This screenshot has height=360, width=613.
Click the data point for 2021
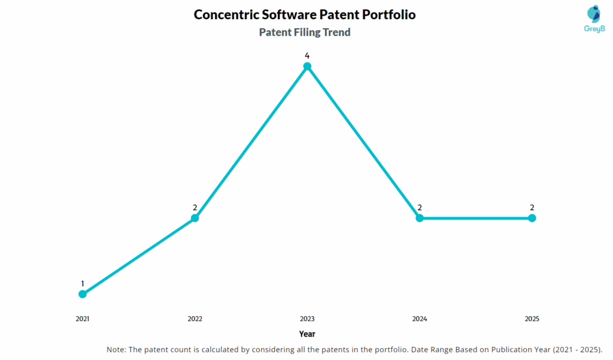pos(83,294)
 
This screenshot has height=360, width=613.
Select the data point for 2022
pos(195,218)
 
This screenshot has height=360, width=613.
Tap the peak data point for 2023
pos(307,66)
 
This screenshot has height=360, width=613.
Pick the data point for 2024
pos(420,218)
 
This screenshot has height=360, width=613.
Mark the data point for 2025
pos(532,218)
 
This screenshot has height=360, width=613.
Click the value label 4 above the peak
pos(307,56)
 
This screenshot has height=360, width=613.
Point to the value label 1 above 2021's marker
pos(83,283)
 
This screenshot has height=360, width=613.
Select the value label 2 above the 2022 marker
pos(195,207)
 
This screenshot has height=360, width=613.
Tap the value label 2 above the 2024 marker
pos(420,207)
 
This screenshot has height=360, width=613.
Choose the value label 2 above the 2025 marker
pos(532,207)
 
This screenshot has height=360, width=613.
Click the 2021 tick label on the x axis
pos(83,319)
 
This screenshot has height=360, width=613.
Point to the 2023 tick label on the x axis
pos(307,319)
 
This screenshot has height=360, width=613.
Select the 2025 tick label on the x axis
pos(532,319)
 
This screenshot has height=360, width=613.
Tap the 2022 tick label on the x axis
pos(195,319)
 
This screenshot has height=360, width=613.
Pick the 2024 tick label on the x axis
pos(420,319)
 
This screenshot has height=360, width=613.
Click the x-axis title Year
pos(307,334)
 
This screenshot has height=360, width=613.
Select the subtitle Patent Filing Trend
pos(305,32)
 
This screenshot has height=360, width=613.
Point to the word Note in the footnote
pos(116,349)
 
